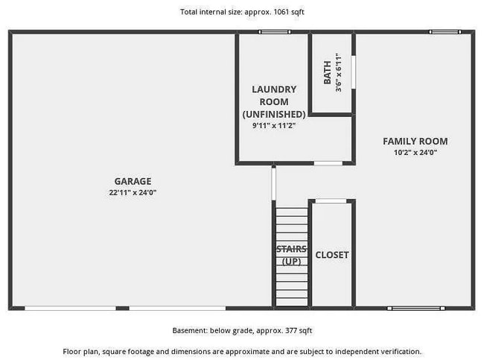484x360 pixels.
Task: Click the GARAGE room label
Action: (x=133, y=181)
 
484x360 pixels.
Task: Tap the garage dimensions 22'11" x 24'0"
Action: (x=133, y=192)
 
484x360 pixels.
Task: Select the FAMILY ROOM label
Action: (x=415, y=141)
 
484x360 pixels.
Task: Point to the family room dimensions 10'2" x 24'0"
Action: (x=415, y=152)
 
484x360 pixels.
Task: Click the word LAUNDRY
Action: (x=274, y=89)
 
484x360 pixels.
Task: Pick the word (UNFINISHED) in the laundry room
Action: (x=274, y=114)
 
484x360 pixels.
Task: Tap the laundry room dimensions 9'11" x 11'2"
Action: (x=274, y=125)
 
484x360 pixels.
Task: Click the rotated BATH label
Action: (x=327, y=72)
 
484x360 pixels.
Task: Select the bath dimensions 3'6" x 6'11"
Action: (x=339, y=72)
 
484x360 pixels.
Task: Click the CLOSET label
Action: (x=332, y=255)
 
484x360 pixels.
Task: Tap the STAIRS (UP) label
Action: (x=291, y=255)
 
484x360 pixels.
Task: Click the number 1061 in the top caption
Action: (x=281, y=12)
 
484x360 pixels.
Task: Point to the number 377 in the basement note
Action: (x=290, y=331)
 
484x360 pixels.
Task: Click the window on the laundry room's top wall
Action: (x=275, y=32)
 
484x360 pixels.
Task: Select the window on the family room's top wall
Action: (x=445, y=32)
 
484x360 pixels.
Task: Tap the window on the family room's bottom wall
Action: (x=416, y=308)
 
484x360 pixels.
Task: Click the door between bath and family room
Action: (x=354, y=72)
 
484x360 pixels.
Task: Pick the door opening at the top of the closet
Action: (x=331, y=201)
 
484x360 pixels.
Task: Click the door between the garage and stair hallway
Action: (x=273, y=184)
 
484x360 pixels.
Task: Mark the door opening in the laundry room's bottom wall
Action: (x=328, y=163)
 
